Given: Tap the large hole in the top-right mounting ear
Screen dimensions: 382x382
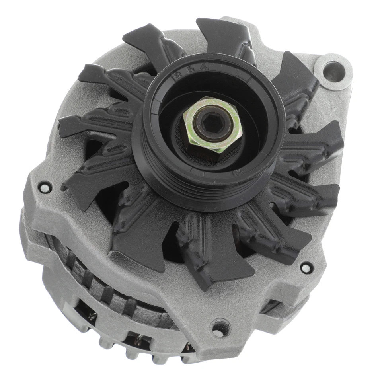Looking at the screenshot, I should coord(333,72).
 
